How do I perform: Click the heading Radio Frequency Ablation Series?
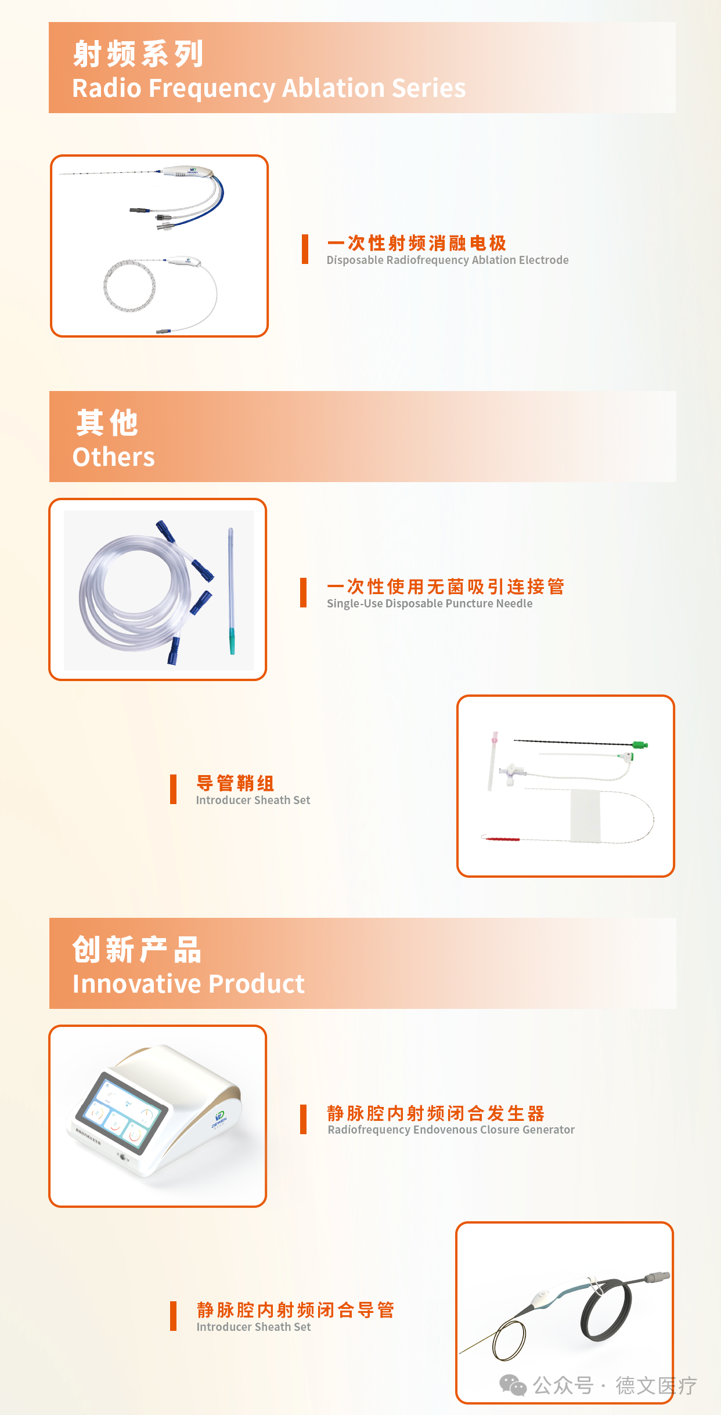(269, 88)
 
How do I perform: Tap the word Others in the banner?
(114, 457)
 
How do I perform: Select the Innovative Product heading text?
(188, 984)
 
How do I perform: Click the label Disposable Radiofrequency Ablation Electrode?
(447, 260)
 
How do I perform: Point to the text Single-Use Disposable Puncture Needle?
(429, 603)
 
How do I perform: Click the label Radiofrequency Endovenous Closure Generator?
(450, 1130)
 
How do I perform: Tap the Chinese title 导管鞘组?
(235, 783)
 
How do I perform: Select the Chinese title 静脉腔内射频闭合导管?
(295, 1309)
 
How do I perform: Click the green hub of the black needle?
(639, 744)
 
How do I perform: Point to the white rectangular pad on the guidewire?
(585, 815)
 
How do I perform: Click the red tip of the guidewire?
(502, 839)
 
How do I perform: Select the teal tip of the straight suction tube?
(232, 640)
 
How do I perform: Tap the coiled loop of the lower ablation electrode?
(129, 286)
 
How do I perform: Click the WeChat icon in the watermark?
(513, 1385)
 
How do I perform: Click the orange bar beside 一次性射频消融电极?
(305, 249)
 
